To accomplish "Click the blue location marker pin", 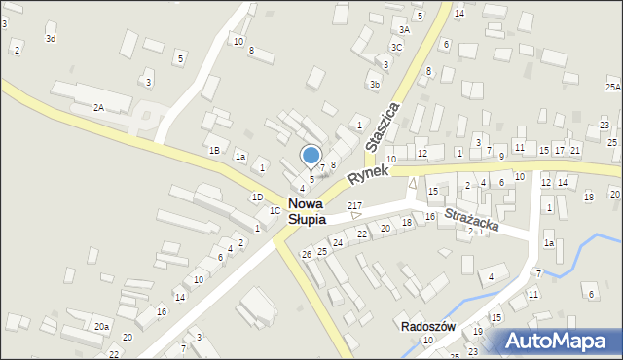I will (x=311, y=156).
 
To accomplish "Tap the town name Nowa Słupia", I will (x=306, y=211).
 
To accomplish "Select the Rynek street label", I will (x=367, y=173).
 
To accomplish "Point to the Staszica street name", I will (x=383, y=125).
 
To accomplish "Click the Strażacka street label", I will (x=471, y=218).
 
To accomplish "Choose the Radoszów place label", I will (x=429, y=326).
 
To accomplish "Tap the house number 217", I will (x=354, y=206).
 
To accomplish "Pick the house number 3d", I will (x=51, y=38).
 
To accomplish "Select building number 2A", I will (x=98, y=107).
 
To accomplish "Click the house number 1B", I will (x=213, y=150).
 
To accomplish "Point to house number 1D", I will (x=257, y=197).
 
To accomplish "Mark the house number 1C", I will (x=275, y=210).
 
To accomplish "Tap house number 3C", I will (x=396, y=47).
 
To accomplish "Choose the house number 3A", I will (x=404, y=30).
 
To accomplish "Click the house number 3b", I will (x=374, y=85).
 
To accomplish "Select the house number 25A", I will (x=612, y=87).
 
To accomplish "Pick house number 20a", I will (x=101, y=327).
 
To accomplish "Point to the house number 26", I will (x=306, y=254).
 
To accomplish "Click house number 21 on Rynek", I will (x=575, y=149).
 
